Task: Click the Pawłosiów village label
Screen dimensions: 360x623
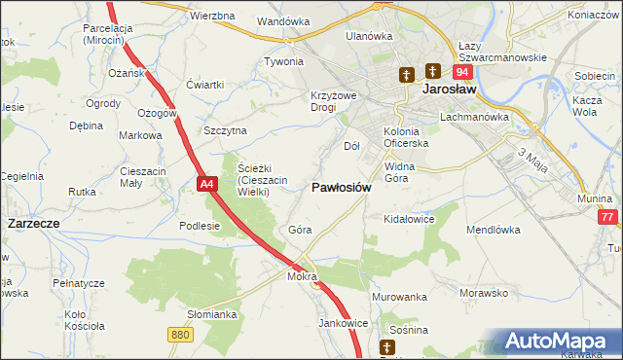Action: [341, 187]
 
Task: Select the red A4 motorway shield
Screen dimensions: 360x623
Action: [205, 183]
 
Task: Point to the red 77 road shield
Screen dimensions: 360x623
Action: [608, 218]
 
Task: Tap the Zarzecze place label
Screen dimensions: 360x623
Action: [34, 223]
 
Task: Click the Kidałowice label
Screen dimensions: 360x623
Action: [409, 219]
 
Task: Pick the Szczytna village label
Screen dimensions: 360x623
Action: [226, 130]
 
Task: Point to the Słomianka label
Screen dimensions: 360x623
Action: [212, 314]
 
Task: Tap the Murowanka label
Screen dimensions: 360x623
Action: [400, 296]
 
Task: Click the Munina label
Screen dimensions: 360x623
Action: [593, 198]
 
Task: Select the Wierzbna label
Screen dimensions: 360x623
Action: [213, 17]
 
